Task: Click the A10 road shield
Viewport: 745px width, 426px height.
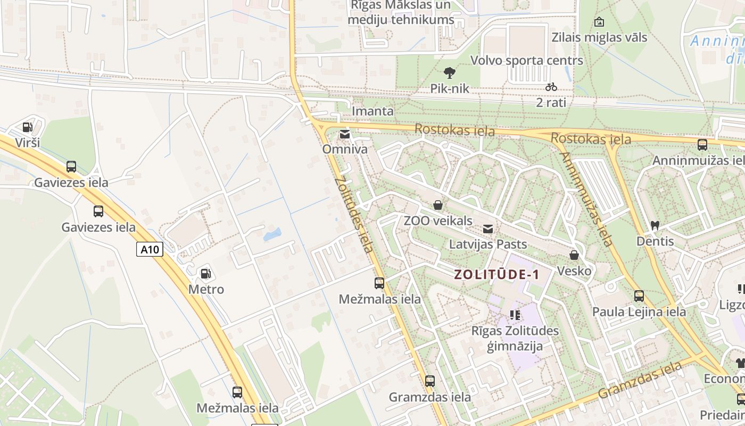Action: [150, 249]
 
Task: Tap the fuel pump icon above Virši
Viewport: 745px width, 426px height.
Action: [27, 127]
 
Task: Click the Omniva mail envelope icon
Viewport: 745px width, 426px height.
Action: [345, 134]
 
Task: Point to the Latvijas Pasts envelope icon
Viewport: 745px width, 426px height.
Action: [487, 229]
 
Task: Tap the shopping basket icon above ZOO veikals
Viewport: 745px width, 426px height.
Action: [438, 205]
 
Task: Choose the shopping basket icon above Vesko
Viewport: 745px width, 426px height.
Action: [574, 255]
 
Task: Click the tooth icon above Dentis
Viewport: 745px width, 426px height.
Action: [655, 226]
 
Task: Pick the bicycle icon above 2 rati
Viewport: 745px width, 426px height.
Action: [551, 86]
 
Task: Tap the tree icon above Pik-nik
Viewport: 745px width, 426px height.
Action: [450, 72]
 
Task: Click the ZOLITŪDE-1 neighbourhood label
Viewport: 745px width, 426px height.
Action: [496, 275]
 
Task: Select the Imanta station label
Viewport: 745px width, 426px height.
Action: [372, 111]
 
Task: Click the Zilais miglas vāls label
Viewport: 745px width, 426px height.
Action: [599, 37]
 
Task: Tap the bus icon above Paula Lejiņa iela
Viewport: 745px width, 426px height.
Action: [639, 296]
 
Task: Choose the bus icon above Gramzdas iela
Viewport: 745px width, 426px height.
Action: [430, 381]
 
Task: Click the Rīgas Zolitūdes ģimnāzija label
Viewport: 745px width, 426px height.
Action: [515, 338]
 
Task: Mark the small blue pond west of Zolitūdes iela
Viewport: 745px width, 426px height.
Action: [272, 234]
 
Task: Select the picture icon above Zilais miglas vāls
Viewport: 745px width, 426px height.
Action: [599, 22]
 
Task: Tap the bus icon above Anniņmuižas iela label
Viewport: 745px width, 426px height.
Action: [702, 145]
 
